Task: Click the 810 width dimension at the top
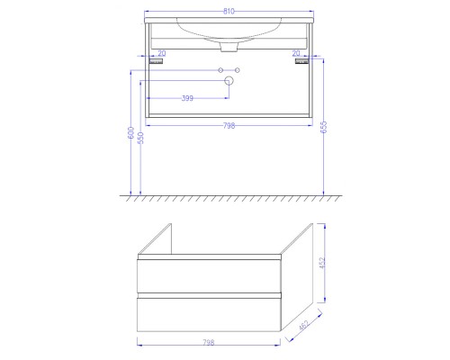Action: pos(229,12)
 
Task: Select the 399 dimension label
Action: pos(187,98)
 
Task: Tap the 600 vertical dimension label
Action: pos(131,132)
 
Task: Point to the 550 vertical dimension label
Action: pos(140,138)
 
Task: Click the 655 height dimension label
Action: pos(324,127)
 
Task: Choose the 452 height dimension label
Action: pos(322,263)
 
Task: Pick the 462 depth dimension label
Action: pos(303,325)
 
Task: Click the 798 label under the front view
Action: pos(229,126)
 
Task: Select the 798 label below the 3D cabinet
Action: pos(209,342)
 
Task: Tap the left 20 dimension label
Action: pos(162,53)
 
